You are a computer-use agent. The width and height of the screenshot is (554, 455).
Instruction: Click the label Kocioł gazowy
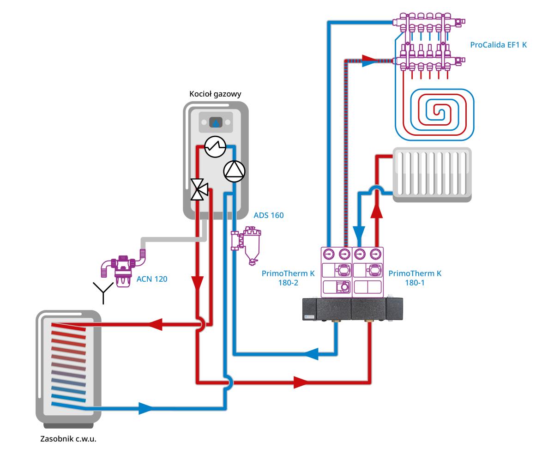[x=216, y=94]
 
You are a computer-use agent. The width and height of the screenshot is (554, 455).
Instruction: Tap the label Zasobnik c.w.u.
[x=68, y=438]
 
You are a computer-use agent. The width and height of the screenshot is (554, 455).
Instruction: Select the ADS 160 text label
[x=269, y=215]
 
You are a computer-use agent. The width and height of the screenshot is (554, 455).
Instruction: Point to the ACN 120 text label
[x=152, y=279]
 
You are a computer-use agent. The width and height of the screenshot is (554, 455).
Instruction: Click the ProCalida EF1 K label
[x=498, y=45]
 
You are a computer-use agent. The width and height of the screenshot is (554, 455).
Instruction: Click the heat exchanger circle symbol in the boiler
[x=215, y=147]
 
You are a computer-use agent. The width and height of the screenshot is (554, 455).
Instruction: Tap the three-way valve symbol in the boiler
[x=199, y=190]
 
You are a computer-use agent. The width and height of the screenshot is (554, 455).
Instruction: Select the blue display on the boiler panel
[x=216, y=123]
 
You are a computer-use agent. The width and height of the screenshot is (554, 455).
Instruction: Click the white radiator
[x=432, y=174]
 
